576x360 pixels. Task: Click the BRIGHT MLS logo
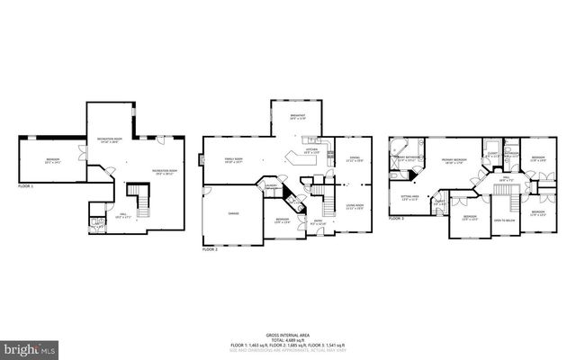tap(29, 347)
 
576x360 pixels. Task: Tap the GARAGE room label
tap(233, 213)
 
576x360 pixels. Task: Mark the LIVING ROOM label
tap(354, 206)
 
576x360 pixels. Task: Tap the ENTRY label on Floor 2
tap(319, 221)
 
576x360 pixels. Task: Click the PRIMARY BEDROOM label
tap(458, 161)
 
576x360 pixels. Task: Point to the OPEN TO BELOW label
tap(504, 220)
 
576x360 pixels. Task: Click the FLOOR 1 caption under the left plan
tap(26, 185)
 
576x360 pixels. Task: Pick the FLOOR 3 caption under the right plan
tap(397, 218)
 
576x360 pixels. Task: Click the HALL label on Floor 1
tap(123, 214)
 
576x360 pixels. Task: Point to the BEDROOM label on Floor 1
tap(53, 160)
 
